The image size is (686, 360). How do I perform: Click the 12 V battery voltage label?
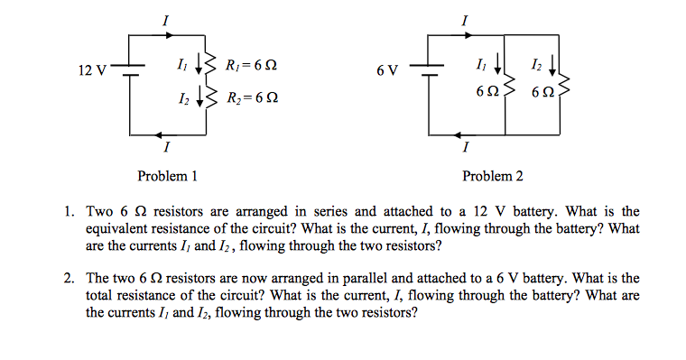coord(92,70)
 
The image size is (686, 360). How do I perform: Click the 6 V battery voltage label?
coord(386,70)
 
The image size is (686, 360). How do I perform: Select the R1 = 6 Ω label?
coord(250,65)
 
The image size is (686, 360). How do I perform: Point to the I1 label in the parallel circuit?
coord(479,64)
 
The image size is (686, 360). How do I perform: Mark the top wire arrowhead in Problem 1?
coord(165,35)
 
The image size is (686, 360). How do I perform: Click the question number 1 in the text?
coord(68,213)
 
